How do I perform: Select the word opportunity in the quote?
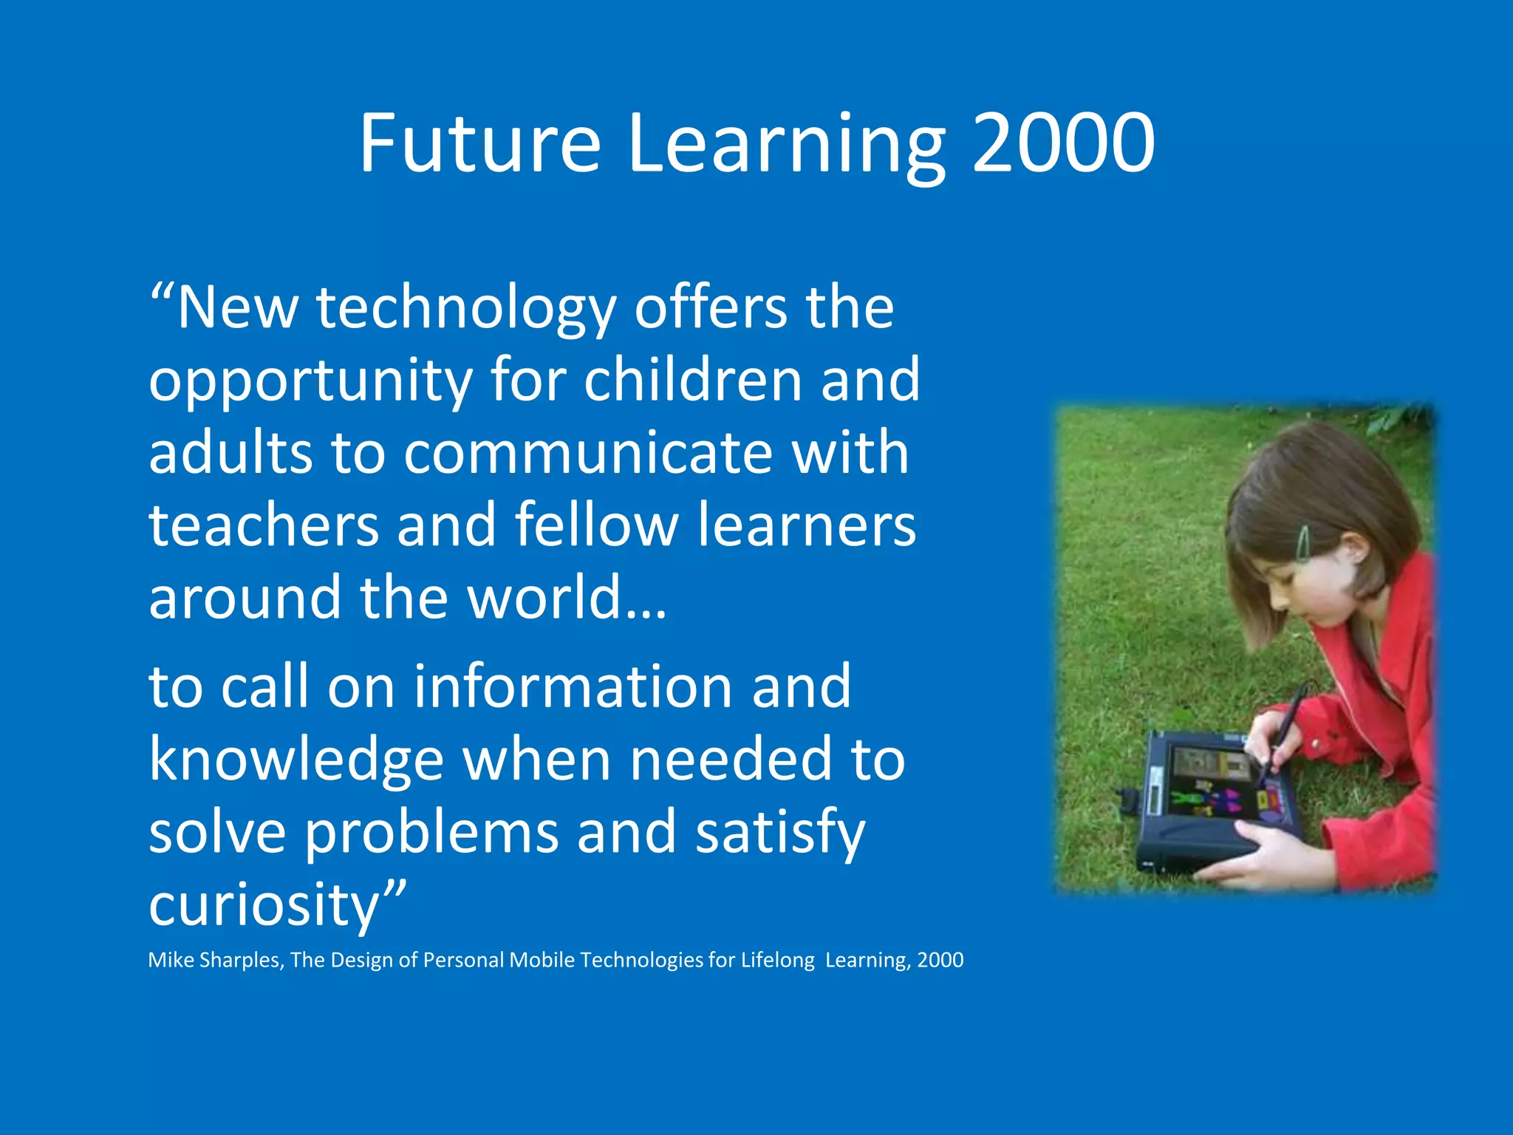[x=310, y=381]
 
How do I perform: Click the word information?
[x=573, y=686]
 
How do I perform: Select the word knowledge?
[x=296, y=761]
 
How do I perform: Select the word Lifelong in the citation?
[x=777, y=960]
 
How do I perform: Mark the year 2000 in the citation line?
[x=940, y=960]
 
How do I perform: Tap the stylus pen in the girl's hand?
[x=1284, y=732]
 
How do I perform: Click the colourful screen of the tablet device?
[x=1219, y=791]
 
